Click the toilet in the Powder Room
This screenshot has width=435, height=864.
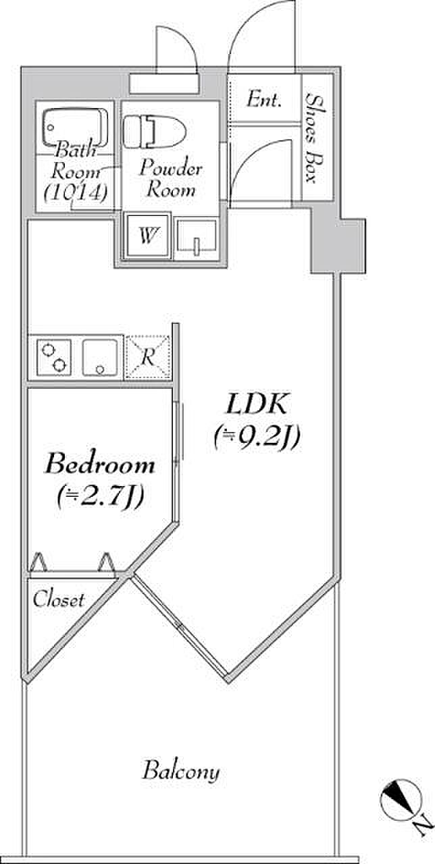155,132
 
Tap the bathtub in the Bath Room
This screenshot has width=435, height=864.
76,128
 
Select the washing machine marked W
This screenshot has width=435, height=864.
147,236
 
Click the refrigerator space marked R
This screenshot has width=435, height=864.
148,357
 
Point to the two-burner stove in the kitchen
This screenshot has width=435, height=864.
54,357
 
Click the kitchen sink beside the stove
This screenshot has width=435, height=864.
100,357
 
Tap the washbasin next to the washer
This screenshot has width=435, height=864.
197,238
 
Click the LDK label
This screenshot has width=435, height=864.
257,404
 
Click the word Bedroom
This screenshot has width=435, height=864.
100,464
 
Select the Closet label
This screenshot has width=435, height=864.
59,599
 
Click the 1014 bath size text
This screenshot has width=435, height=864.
76,193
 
